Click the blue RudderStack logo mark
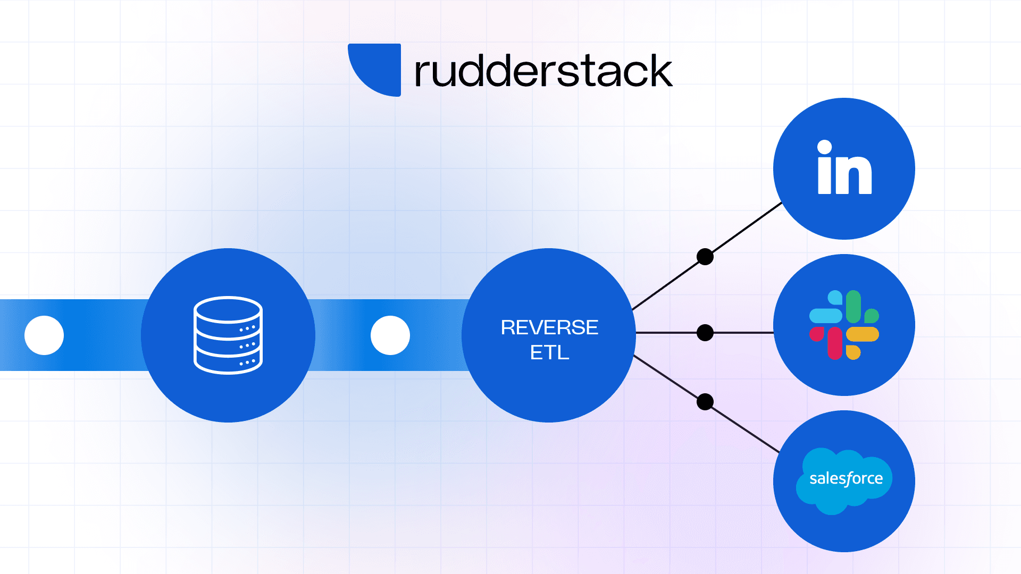pos(378,68)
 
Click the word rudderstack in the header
pos(543,71)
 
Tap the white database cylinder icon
pos(228,335)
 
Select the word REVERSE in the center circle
pos(549,327)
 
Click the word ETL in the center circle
pos(549,352)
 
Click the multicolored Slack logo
pos(844,325)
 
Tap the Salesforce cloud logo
pos(844,480)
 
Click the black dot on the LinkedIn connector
pos(705,257)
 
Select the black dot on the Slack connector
pos(705,333)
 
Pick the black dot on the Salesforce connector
pos(705,402)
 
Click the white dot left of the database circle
pos(44,335)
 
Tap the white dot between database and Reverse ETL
pos(390,335)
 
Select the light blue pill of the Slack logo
pos(826,316)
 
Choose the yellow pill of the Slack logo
pos(863,334)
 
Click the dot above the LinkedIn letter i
pos(825,147)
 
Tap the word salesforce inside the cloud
pos(846,478)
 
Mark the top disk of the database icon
pos(228,309)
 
